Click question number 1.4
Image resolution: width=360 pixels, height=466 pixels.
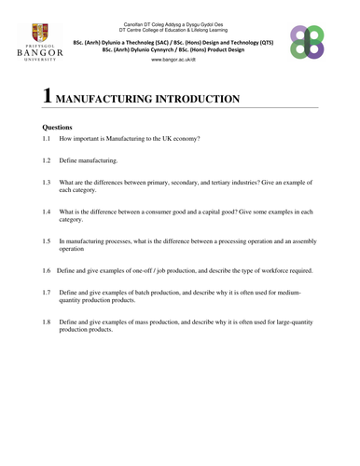pos(47,212)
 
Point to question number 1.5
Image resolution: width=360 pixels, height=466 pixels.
pos(47,240)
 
